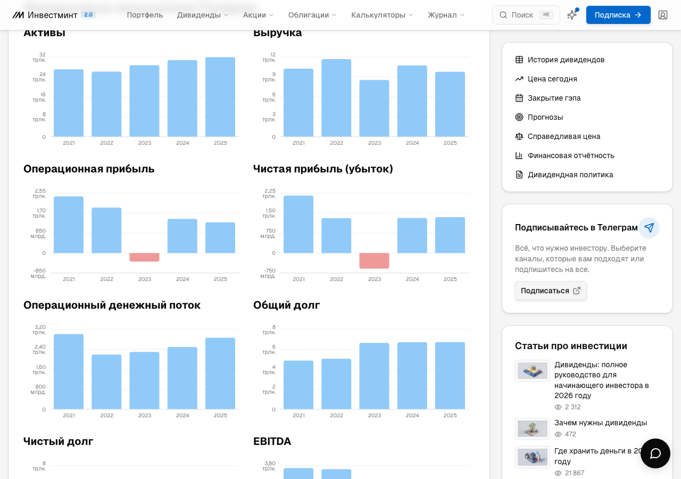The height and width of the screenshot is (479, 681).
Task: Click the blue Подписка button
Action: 618,15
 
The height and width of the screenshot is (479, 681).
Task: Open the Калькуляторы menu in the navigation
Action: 382,15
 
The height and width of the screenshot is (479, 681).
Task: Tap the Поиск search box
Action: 526,15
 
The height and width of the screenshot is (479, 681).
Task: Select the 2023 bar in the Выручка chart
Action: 374,108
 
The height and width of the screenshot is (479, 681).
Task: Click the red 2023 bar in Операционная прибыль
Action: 144,257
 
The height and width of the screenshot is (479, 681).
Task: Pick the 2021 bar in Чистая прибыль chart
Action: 298,225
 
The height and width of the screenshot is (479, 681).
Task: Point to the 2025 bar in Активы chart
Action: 220,97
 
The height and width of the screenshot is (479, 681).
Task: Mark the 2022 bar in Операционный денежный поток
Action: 106,382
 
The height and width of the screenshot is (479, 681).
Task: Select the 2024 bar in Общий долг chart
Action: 412,376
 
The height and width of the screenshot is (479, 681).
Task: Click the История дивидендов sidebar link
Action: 566,60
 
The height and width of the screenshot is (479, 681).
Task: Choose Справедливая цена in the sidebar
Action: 563,136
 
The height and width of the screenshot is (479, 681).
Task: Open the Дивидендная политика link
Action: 570,175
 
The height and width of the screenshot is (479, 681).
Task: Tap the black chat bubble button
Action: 655,453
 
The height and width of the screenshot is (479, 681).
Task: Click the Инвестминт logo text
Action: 52,15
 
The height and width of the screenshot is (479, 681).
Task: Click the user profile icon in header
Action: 663,15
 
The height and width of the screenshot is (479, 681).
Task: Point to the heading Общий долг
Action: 286,305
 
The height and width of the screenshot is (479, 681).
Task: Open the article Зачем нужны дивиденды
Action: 601,423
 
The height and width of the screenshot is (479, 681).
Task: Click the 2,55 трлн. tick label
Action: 40,193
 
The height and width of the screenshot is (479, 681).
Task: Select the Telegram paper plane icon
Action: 649,227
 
